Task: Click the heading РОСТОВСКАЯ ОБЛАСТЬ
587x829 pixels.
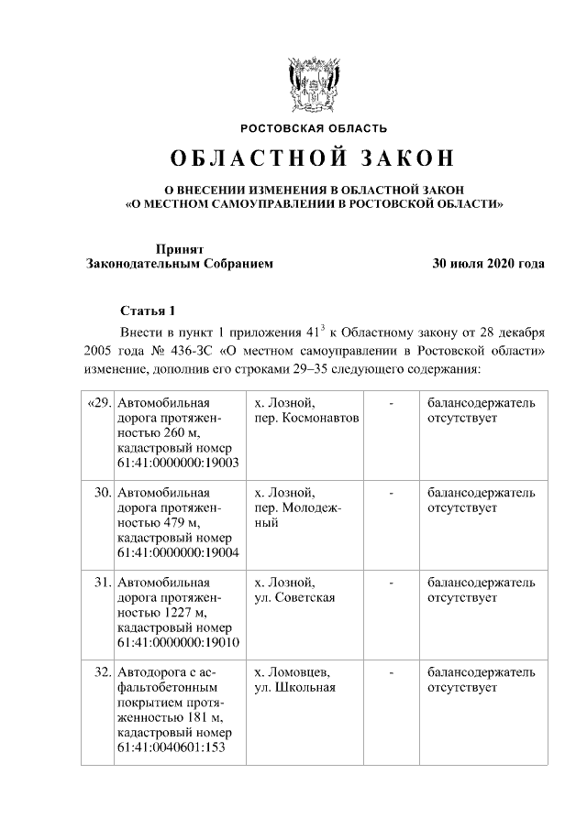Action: tap(314, 127)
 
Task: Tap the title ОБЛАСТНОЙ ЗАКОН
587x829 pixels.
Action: tap(314, 158)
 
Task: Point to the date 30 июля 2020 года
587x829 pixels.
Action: tap(489, 264)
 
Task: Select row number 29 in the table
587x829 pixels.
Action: tap(98, 403)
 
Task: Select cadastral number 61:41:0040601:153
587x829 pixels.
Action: tap(171, 747)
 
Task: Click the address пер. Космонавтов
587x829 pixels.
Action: tap(306, 418)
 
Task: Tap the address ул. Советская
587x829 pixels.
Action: tap(294, 597)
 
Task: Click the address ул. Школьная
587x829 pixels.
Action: tap(294, 687)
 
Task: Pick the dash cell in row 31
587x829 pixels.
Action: tap(392, 583)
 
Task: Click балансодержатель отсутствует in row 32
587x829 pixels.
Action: tap(482, 680)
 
